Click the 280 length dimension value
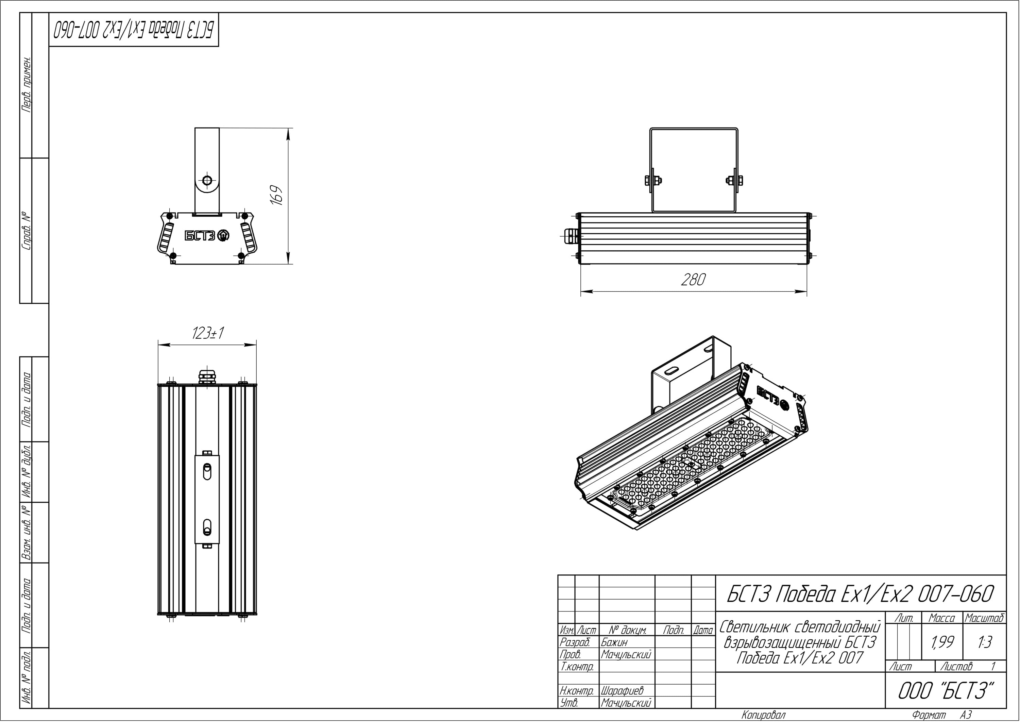click(693, 279)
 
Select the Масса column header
click(941, 618)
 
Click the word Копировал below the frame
click(763, 715)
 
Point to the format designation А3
click(965, 715)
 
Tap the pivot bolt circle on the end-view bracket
click(207, 181)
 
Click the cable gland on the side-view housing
click(570, 236)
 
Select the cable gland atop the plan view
click(207, 376)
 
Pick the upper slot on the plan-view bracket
click(207, 472)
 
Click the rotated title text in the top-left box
click(133, 30)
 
